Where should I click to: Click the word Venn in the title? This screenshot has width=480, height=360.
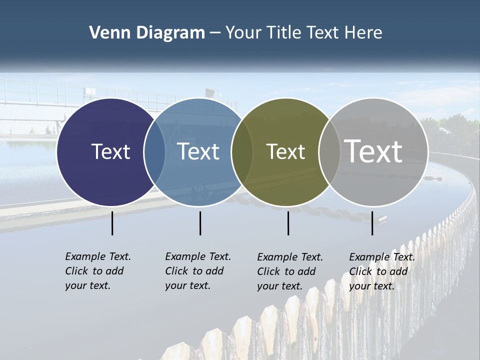coord(106,33)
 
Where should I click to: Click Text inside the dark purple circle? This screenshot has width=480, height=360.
coord(110,151)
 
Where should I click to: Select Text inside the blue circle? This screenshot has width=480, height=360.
coord(198,151)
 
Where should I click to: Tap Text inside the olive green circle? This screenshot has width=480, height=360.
coord(285,151)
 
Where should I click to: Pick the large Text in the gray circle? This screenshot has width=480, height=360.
coord(373,151)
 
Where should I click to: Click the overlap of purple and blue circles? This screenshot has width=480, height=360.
coord(154,151)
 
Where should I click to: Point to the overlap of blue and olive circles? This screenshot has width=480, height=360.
coord(242,151)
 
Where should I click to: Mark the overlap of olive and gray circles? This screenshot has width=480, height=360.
coord(329,151)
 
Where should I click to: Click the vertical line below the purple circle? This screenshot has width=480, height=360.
coord(112,223)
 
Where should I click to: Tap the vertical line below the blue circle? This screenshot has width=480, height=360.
coord(200,223)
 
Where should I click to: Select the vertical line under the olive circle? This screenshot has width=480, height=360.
coord(288,223)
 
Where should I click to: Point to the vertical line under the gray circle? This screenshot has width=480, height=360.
coord(372,223)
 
